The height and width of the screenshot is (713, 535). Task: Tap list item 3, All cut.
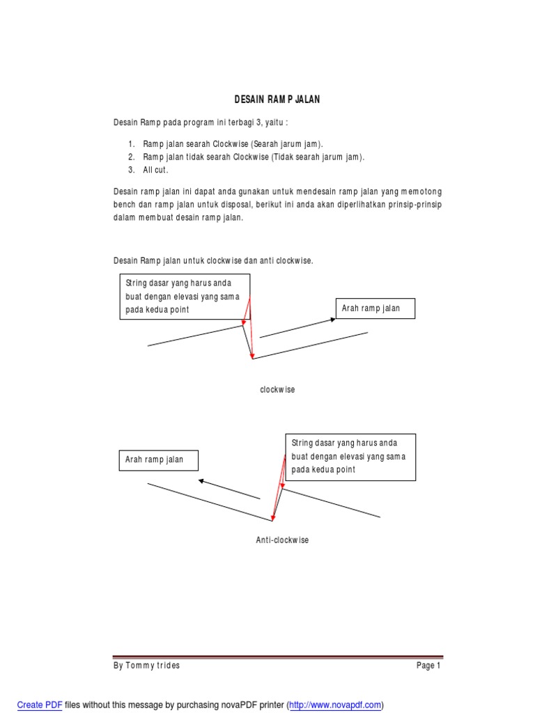coord(156,170)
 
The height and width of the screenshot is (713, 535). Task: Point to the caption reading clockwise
coord(277,390)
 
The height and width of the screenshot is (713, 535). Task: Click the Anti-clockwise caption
coord(282,540)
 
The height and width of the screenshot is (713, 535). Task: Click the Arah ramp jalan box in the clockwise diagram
coord(375,308)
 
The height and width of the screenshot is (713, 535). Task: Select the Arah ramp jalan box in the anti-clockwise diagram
coord(158,460)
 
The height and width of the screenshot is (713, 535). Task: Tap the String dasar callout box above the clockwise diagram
coord(185,297)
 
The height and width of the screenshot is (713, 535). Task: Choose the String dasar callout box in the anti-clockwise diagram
coord(350,457)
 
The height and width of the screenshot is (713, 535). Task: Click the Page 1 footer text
coord(428,666)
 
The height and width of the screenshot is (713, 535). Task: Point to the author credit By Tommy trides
coord(146,666)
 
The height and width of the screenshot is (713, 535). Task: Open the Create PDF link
coord(40,705)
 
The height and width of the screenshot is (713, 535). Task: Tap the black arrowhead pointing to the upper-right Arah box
coord(333,320)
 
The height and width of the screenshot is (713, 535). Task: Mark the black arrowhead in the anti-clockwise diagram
coord(201,480)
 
